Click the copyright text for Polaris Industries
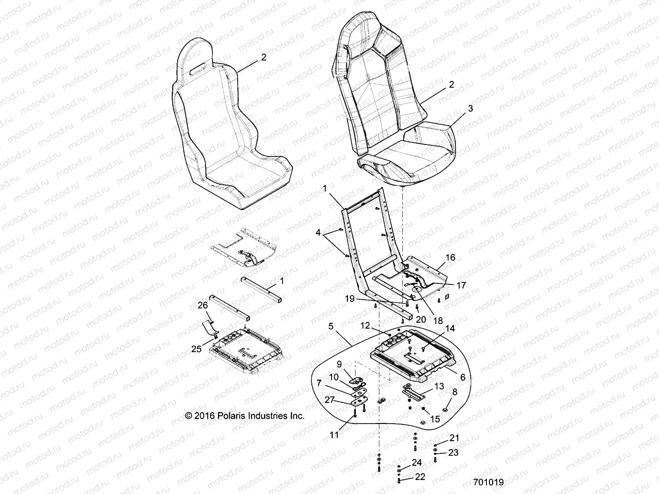(245, 416)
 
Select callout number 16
(450, 257)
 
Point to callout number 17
(461, 285)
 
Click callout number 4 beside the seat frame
(318, 232)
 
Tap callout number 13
(439, 386)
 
